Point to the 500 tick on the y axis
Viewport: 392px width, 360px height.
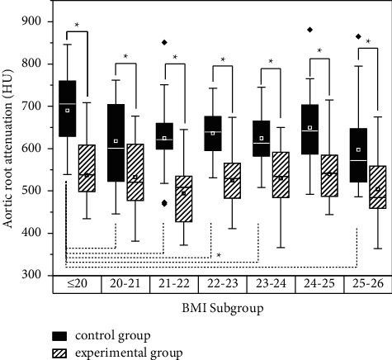[34, 191]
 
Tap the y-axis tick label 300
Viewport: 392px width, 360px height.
[34, 275]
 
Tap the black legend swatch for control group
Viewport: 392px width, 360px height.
[59, 335]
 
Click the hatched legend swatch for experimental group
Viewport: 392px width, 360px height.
[59, 351]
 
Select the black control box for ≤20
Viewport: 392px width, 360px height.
[68, 108]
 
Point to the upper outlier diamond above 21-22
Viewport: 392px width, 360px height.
[164, 42]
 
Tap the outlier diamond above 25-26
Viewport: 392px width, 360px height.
[357, 36]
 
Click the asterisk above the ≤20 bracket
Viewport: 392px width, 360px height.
[77, 26]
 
